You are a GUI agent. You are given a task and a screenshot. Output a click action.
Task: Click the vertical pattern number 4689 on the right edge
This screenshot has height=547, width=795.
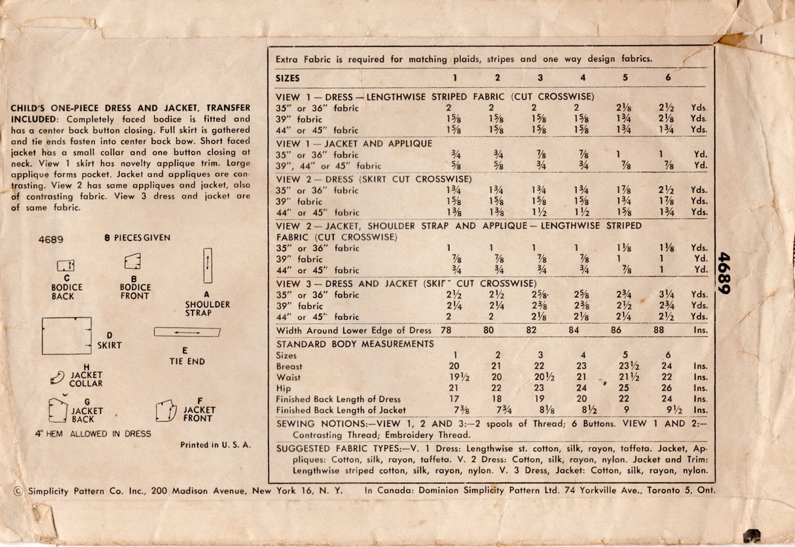coord(723,273)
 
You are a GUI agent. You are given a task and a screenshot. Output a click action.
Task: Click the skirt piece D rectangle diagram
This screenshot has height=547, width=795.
coord(66,335)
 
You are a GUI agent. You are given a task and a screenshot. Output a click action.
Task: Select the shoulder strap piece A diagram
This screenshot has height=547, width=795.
coord(208,265)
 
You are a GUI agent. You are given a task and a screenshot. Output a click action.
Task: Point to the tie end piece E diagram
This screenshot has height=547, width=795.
coord(187,332)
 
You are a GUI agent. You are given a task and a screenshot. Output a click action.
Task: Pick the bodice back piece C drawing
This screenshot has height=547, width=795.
coord(65,265)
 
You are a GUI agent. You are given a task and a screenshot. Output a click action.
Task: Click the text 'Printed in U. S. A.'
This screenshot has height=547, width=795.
coord(215,445)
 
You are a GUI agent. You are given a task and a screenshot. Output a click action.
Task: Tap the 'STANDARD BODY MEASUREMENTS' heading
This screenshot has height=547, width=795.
coord(355,344)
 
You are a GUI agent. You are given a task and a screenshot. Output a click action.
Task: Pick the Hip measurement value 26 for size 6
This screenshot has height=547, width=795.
coord(667,388)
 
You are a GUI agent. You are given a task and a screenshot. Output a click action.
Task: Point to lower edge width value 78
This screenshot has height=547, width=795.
coord(446,331)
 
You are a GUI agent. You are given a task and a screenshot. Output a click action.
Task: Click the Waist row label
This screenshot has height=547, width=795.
coord(288,377)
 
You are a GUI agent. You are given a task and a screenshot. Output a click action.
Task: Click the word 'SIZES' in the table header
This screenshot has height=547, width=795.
coord(288,78)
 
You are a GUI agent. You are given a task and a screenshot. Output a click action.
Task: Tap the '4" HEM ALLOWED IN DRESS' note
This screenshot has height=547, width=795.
coord(93,434)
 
